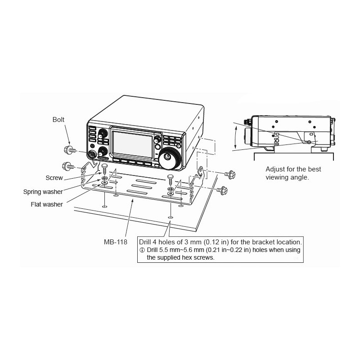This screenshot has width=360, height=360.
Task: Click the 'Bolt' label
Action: coord(58,120)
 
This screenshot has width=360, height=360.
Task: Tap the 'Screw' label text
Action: coord(54,178)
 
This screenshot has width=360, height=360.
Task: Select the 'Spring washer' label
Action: coord(43,192)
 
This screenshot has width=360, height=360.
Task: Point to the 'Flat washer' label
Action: coord(47,204)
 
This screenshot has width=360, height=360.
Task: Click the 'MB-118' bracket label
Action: coord(116,242)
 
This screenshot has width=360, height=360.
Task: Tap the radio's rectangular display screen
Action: coord(132,144)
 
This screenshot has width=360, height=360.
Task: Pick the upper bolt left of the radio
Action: coord(70,150)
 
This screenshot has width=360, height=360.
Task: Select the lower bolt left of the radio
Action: coord(68,166)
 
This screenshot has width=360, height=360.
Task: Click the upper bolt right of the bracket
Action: coord(230,175)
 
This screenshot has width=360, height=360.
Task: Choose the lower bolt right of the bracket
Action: coord(222,190)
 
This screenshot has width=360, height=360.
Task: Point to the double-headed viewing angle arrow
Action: coord(235,137)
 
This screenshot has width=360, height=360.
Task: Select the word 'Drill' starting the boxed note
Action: coord(145,242)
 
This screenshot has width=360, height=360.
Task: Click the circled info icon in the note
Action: coord(142,250)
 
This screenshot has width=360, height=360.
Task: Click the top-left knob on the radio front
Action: coord(103,133)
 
